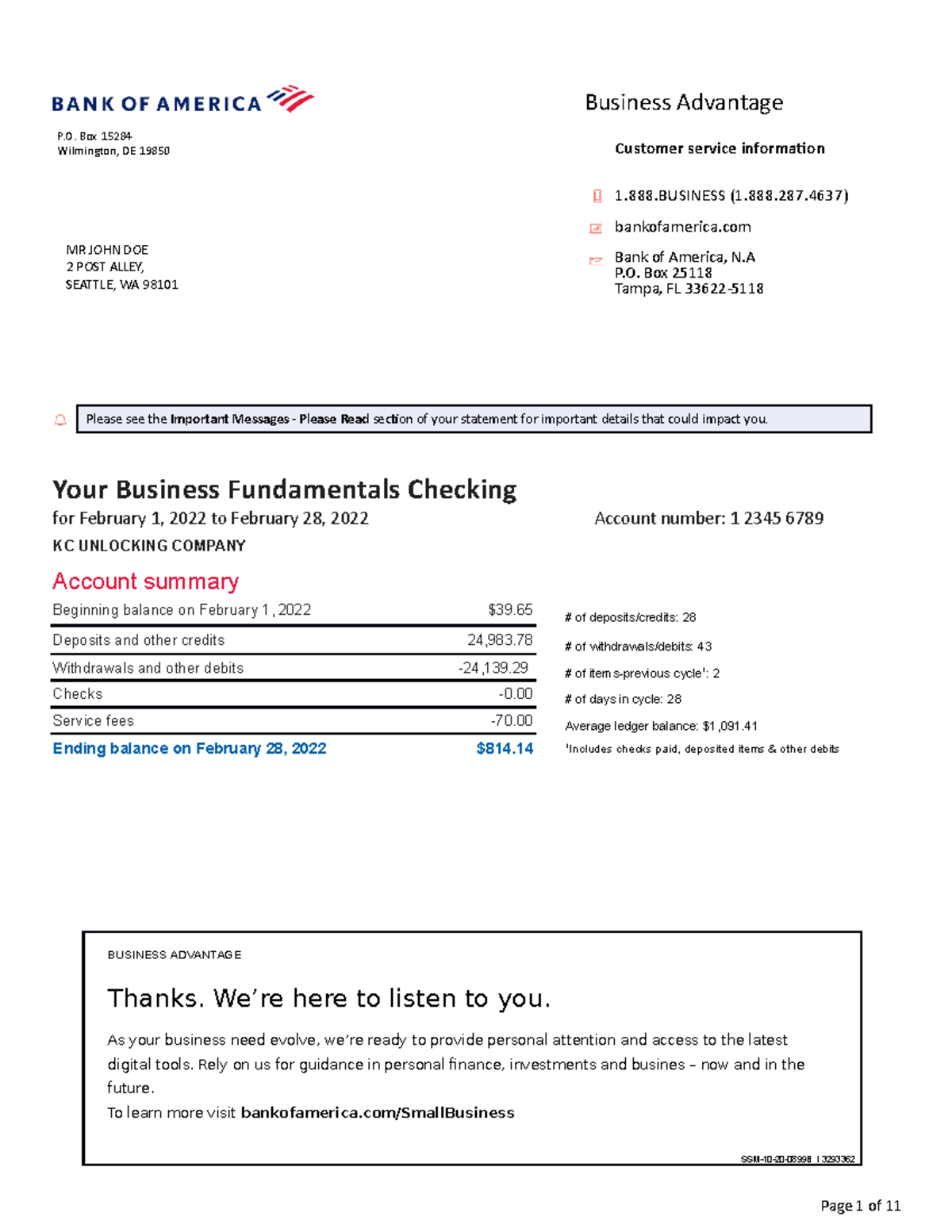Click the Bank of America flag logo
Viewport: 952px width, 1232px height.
coord(290,99)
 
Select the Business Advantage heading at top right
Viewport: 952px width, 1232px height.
coord(684,103)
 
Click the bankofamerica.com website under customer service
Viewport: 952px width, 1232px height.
coord(682,228)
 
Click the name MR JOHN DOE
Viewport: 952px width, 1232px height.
coord(107,250)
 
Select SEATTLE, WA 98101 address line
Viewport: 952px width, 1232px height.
coord(122,285)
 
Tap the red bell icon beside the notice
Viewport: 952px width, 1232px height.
coord(60,420)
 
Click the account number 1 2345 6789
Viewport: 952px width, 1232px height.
coord(777,519)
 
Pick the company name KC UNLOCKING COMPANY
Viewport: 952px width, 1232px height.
coord(149,546)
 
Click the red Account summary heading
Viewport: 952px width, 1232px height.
coord(145,581)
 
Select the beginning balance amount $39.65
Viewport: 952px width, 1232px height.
coord(510,610)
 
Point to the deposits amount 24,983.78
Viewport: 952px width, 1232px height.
coord(500,640)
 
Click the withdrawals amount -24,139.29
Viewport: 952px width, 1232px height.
coord(493,668)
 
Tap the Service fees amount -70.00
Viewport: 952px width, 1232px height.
coord(512,720)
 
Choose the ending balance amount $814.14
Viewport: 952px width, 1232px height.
coord(505,749)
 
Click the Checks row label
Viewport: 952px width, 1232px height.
coord(78,694)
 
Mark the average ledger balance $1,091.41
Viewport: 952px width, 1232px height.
coord(730,726)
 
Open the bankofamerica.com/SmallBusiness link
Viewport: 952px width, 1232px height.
coord(378,1113)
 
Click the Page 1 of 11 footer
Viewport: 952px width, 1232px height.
coord(860,1207)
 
